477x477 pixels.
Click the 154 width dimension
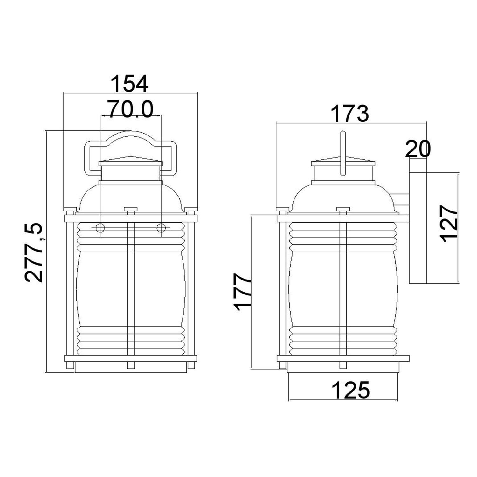129,84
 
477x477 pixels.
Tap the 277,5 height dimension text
34,252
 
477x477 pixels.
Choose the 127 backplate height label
450,224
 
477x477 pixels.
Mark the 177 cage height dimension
243,291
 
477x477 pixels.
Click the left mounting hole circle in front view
100,228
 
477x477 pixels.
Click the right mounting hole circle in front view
161,228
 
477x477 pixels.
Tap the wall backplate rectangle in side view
417,228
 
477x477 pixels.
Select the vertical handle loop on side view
343,154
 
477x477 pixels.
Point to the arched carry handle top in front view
130,135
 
